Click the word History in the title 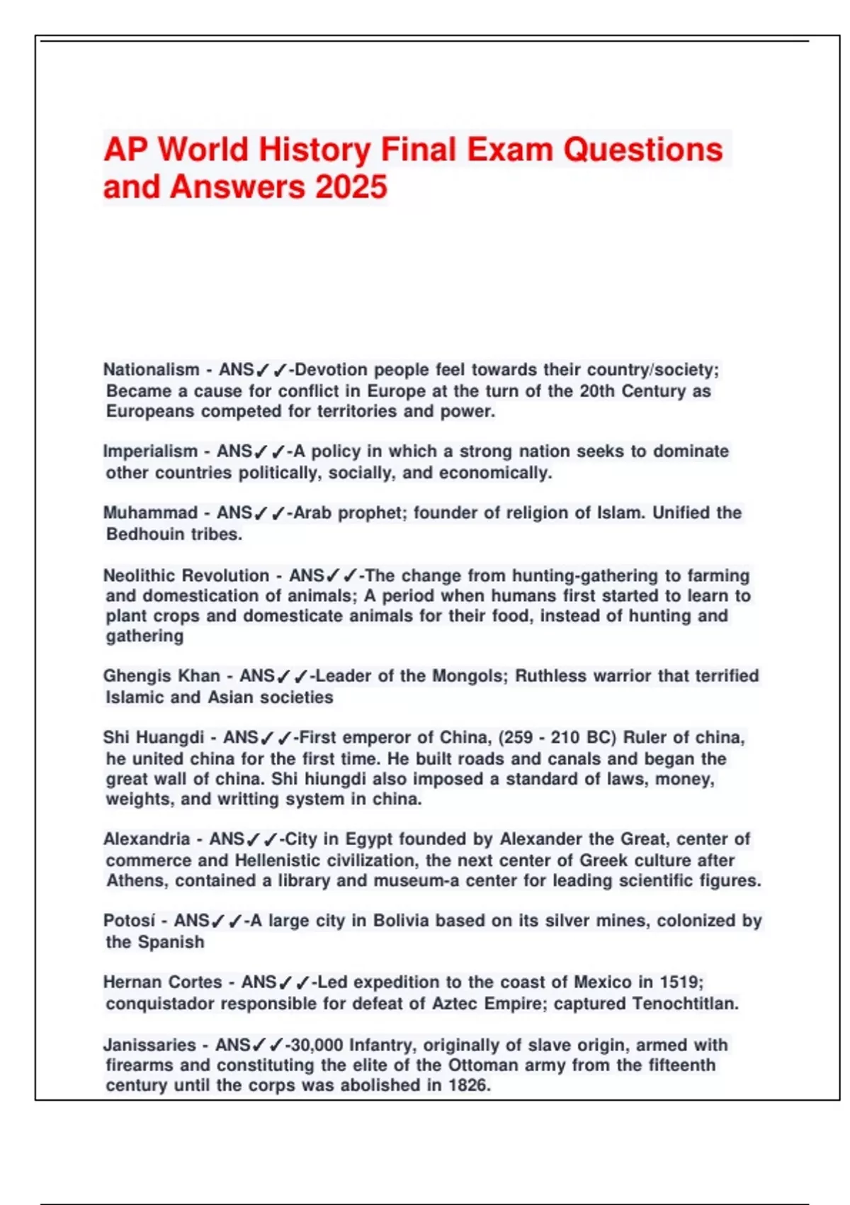pos(314,150)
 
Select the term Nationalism pos(151,369)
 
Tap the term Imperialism pos(150,452)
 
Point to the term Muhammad pos(150,512)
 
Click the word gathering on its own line pos(144,636)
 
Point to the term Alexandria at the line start pos(147,839)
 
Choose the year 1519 pos(681,982)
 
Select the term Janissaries pos(149,1045)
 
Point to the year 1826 pos(468,1085)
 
